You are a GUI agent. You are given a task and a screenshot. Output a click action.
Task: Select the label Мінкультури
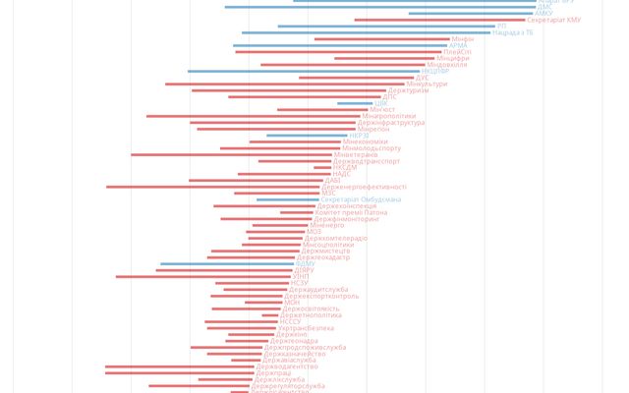coord(426,84)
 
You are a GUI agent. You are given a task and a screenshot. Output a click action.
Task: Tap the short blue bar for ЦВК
coord(354,103)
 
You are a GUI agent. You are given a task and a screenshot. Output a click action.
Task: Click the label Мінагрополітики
coord(395,116)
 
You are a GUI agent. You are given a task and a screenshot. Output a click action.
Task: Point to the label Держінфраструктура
coord(391,123)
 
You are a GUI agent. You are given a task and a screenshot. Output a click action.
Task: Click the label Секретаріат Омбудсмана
coord(361,199)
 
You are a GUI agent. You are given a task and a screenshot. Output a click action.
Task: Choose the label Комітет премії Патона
coord(352,212)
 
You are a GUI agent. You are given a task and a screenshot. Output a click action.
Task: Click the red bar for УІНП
coord(202,276)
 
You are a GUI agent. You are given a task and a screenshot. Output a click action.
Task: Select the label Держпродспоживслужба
coord(305,347)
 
